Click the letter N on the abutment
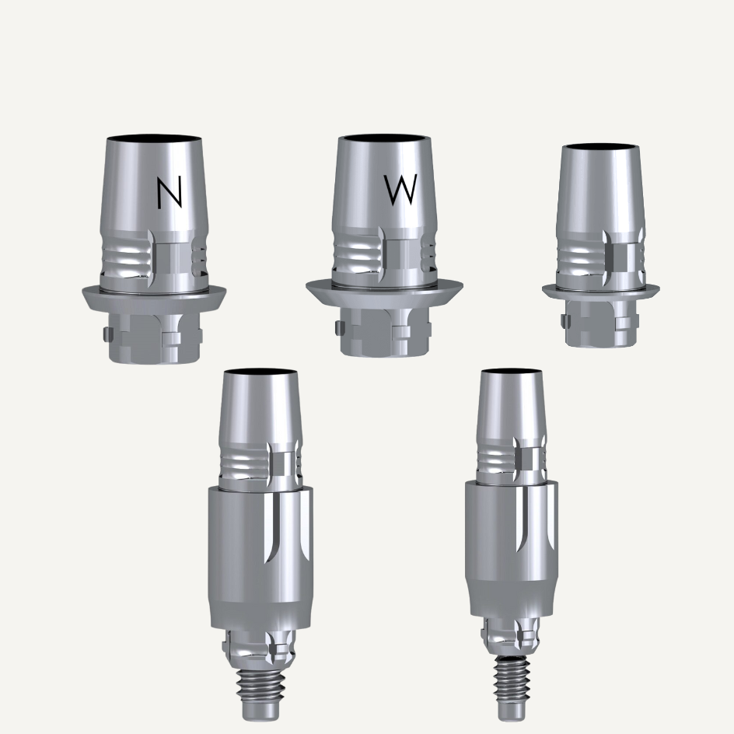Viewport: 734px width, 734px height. (170, 194)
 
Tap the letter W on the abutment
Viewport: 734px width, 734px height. (400, 190)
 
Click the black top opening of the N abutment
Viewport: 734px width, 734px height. (154, 139)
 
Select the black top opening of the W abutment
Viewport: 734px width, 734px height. (384, 138)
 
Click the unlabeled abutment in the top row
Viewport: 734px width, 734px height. (601, 246)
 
